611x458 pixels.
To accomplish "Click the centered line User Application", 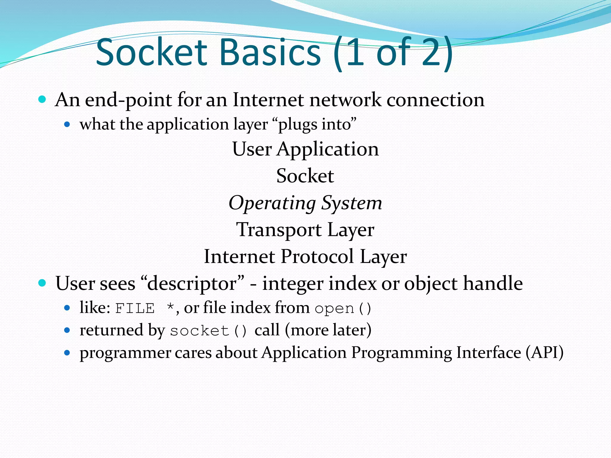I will tap(305, 149).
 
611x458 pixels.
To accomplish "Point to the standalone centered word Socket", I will tap(305, 176).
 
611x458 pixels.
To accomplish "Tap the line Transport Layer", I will tap(305, 230).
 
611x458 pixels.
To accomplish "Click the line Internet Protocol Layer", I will tap(305, 257).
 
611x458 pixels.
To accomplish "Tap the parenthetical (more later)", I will tap(328, 330).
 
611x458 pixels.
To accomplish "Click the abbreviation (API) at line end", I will tap(544, 353).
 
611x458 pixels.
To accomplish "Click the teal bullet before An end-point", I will tap(42, 100).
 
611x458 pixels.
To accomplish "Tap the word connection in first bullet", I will tap(435, 100).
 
